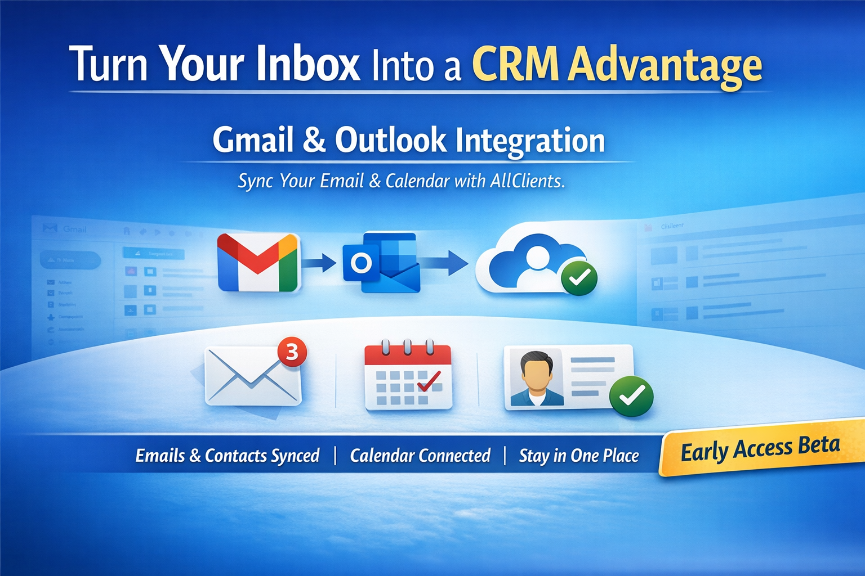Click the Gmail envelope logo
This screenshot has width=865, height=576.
(x=258, y=262)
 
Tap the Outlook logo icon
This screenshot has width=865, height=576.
(x=382, y=262)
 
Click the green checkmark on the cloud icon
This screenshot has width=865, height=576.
(x=579, y=277)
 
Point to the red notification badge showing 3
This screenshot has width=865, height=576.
(x=292, y=352)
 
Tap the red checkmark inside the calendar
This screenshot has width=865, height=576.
(x=429, y=382)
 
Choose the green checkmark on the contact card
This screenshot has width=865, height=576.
(x=632, y=396)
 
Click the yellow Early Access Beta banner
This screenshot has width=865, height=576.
(x=760, y=449)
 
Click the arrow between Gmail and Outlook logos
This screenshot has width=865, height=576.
(x=320, y=262)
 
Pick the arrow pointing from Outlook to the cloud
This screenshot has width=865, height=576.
(x=446, y=262)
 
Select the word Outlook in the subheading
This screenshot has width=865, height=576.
(x=390, y=140)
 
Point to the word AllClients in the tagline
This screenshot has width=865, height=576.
(x=527, y=181)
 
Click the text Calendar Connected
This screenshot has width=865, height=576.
(x=420, y=455)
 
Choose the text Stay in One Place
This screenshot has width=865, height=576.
(x=579, y=455)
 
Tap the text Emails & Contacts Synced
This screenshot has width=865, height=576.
(x=228, y=455)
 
